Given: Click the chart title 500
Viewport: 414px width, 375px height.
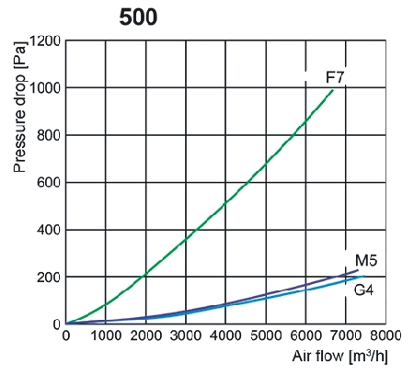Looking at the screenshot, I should [138, 17].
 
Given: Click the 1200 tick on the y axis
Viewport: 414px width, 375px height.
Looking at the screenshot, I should [43, 41].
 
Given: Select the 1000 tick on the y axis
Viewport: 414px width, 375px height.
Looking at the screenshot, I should [43, 89].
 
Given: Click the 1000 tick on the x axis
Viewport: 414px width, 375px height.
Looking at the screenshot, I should [105, 336].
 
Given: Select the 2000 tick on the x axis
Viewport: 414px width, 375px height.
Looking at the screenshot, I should [145, 336].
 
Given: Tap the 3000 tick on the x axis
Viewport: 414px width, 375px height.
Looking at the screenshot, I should [185, 336].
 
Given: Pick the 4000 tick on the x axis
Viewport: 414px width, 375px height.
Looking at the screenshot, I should [225, 336].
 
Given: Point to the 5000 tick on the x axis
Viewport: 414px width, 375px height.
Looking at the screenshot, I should [266, 336].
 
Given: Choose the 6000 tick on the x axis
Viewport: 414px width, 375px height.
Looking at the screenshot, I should [305, 336].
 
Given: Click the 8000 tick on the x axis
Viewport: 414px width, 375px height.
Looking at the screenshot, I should [385, 336].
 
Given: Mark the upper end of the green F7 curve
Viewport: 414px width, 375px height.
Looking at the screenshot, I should [334, 89].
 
